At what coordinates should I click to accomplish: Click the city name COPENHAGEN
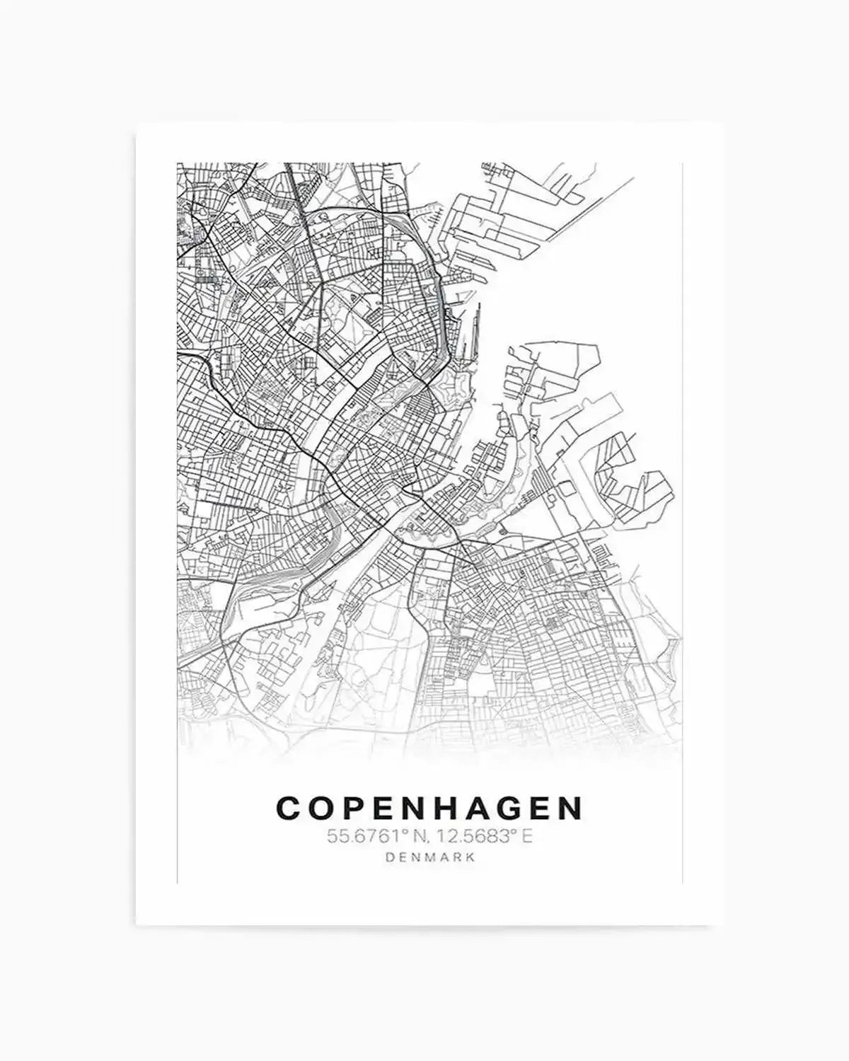pos(429,808)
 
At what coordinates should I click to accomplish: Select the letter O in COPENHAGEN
pos(324,808)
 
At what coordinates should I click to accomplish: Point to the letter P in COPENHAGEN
pos(357,808)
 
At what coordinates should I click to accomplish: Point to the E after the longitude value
pos(527,837)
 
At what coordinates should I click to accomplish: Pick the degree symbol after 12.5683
pos(516,832)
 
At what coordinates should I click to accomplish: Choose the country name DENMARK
pos(429,857)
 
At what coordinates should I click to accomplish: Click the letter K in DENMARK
pos(470,857)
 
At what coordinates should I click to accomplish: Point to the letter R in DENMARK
pos(457,857)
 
